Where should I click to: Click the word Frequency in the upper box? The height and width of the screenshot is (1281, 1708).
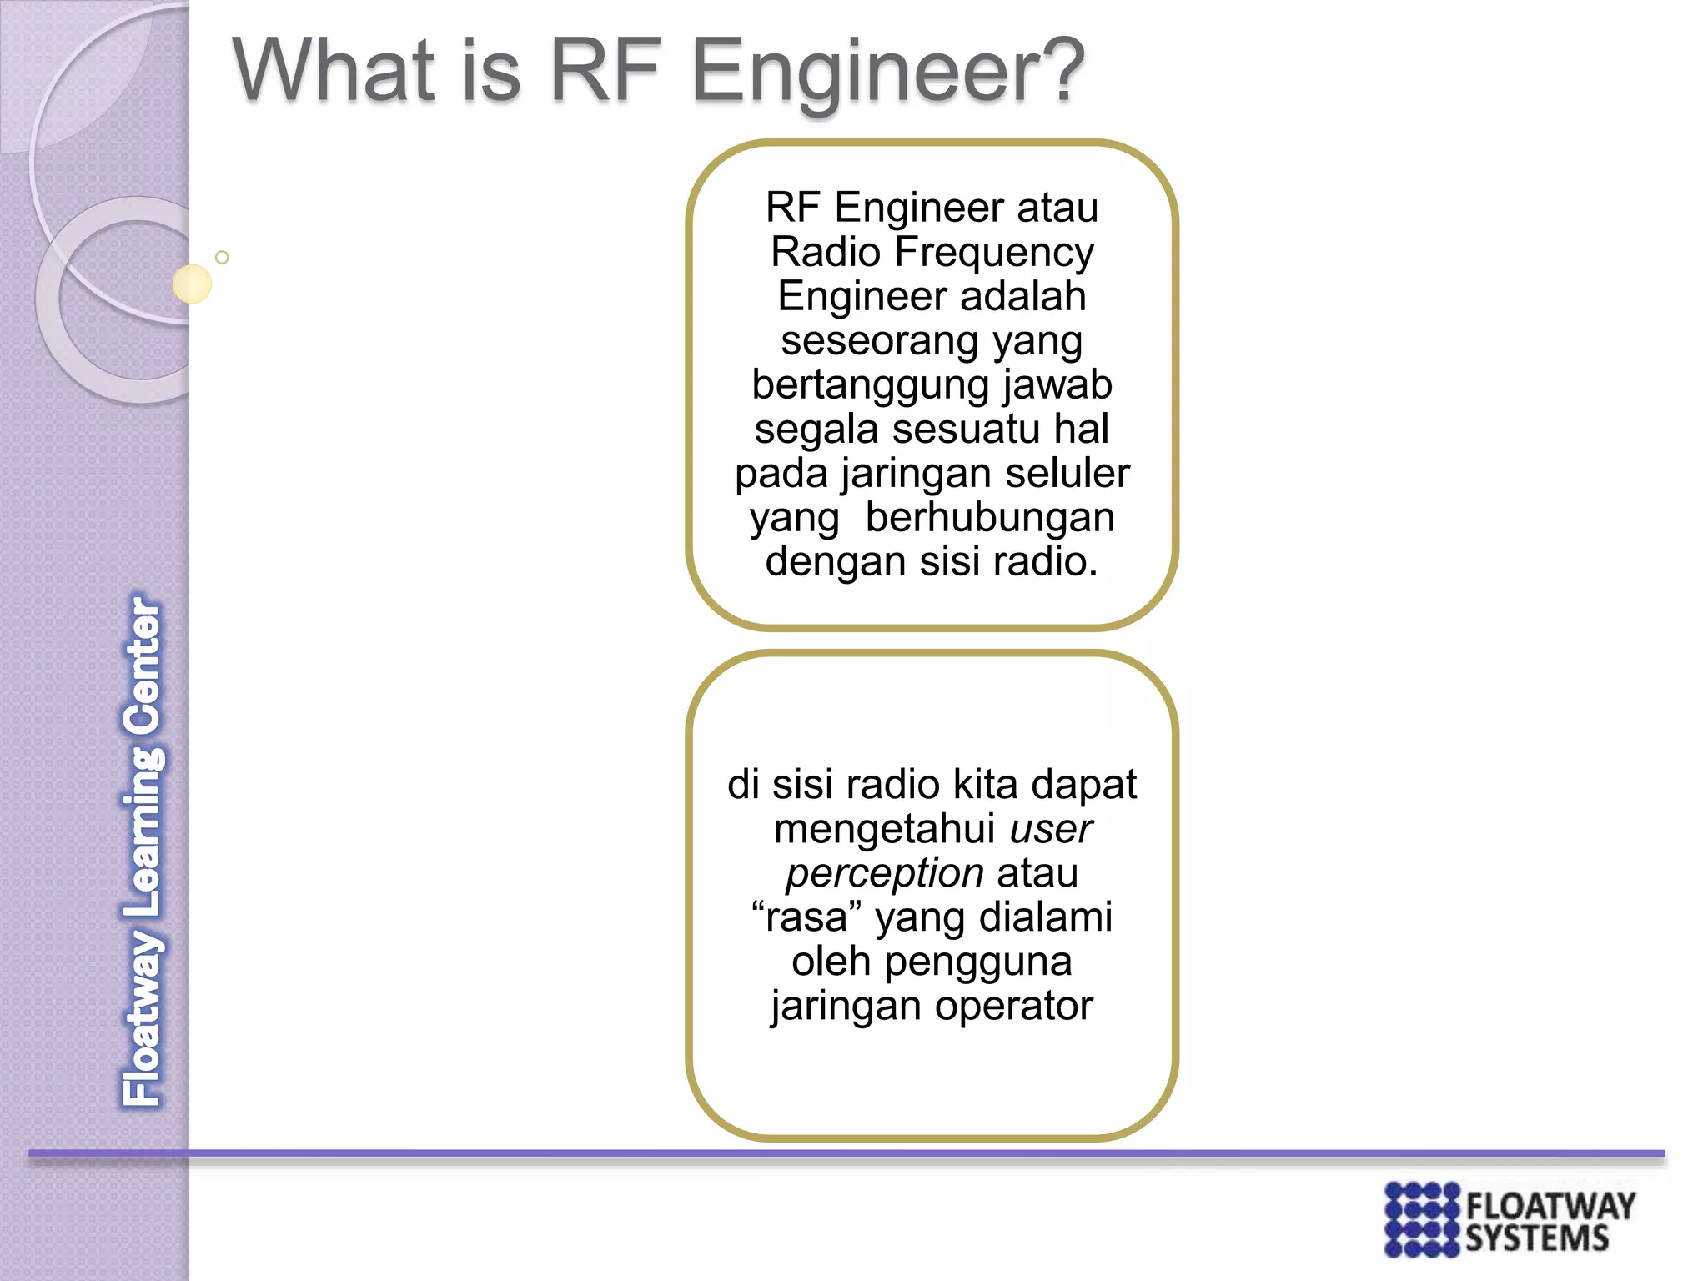994,254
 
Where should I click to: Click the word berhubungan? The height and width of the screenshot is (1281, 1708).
990,518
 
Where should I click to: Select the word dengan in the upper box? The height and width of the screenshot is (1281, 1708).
836,562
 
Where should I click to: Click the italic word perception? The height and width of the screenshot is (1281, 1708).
885,873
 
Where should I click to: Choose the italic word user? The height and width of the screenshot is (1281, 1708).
1051,829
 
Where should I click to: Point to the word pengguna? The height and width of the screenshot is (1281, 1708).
977,962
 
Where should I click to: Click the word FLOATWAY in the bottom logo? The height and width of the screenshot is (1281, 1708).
1550,1207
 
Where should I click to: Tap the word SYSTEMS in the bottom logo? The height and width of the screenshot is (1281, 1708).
1537,1238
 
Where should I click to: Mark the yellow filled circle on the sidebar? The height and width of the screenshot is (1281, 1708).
192,284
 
